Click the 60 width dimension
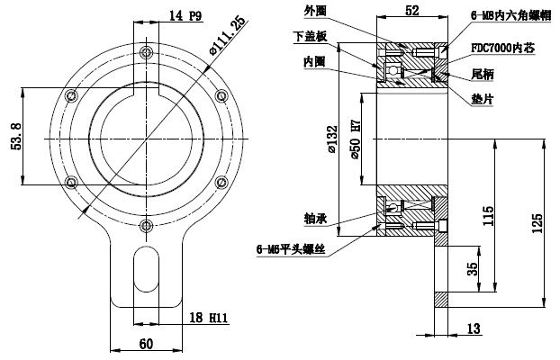tap(147, 344)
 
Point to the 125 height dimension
tap(537, 220)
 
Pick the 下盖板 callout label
tap(309, 36)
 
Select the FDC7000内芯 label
tap(504, 46)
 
